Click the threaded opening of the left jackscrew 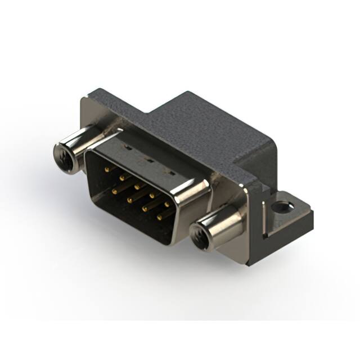(64, 155)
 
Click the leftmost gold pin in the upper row (107, 167)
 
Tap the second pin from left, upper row (122, 175)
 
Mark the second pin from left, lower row (129, 199)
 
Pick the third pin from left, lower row (145, 208)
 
